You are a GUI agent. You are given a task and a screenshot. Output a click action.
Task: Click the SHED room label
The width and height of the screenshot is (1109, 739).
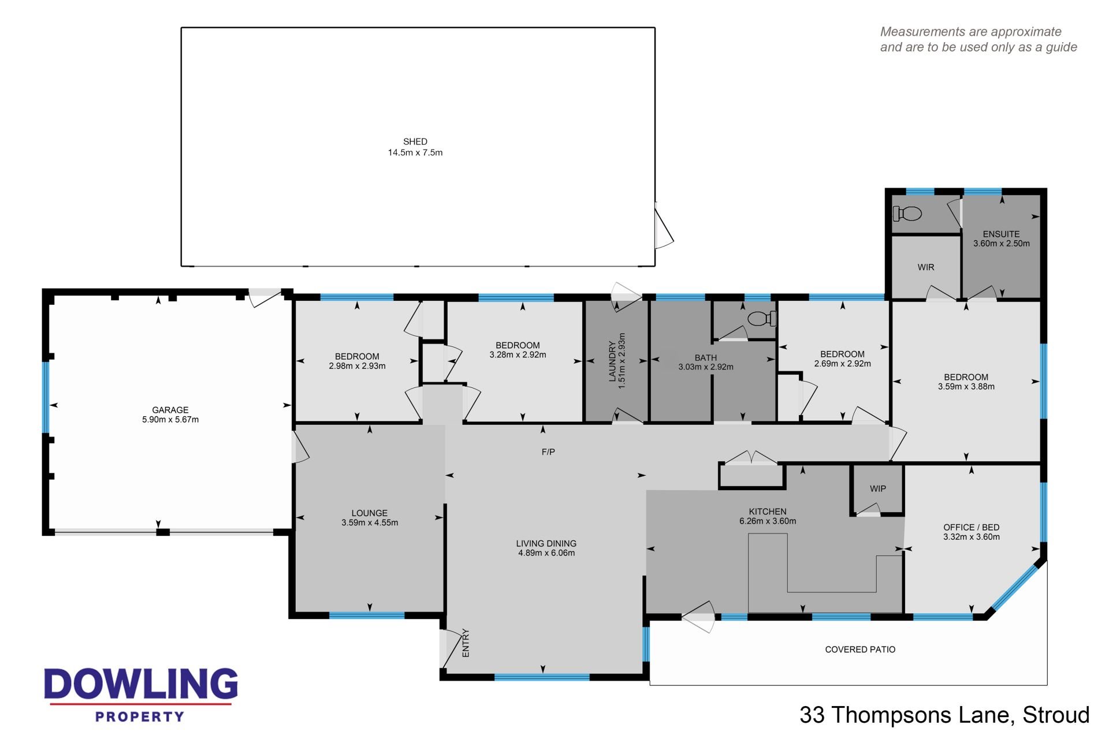tap(415, 141)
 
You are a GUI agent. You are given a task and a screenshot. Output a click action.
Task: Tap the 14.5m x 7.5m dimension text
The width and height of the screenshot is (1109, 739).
tap(415, 152)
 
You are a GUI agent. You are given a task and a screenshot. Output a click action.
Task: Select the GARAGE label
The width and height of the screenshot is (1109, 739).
tap(170, 410)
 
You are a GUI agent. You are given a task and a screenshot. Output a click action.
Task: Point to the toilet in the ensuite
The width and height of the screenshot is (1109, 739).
tap(907, 214)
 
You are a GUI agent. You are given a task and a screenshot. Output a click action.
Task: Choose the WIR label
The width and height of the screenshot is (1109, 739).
tap(926, 267)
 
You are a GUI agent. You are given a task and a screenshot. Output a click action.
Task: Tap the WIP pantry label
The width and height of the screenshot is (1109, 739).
tap(878, 488)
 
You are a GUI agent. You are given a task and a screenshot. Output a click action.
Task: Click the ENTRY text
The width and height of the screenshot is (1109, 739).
tap(466, 643)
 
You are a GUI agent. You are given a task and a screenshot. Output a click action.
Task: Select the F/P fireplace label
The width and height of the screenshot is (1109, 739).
tap(548, 451)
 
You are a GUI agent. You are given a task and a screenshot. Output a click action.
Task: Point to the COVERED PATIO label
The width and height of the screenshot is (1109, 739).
tap(860, 650)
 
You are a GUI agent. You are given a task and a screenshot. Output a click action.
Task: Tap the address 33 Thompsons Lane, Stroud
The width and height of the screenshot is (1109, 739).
tap(944, 715)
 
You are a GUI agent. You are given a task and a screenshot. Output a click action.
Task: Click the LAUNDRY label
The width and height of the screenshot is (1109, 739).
tap(612, 361)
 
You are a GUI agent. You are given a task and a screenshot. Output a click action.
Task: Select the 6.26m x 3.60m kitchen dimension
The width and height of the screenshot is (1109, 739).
tap(768, 521)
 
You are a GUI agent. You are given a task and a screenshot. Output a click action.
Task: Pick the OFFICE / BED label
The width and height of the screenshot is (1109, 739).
tap(972, 527)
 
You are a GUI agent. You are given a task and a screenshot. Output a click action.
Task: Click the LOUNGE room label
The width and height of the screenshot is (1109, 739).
tap(370, 513)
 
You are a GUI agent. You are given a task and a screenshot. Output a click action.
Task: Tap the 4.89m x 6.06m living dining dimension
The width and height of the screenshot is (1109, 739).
tap(546, 553)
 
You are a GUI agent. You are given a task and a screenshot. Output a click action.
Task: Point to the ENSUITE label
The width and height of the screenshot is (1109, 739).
tap(1002, 234)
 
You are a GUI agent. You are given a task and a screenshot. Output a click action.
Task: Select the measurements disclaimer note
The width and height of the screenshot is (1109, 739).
tap(978, 39)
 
